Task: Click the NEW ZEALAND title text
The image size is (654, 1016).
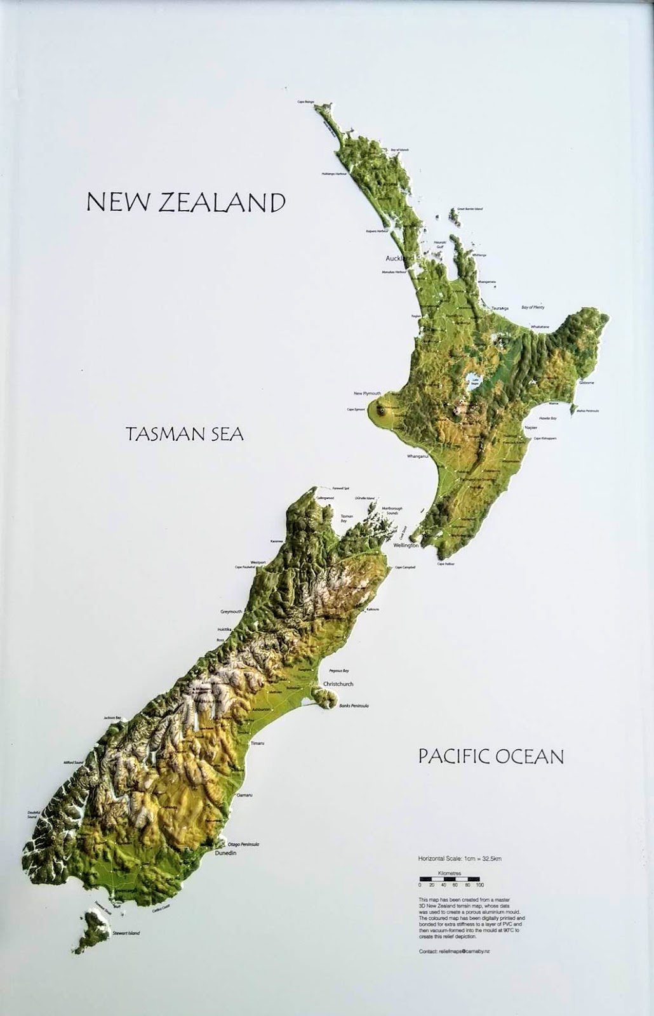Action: [x=185, y=203]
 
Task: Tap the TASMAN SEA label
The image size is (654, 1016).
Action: [x=185, y=434]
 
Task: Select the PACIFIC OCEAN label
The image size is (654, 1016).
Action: [x=491, y=756]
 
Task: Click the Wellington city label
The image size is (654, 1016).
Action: [x=406, y=545]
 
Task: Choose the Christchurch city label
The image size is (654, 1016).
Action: [x=338, y=684]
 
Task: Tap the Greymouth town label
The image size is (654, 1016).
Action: [x=231, y=612]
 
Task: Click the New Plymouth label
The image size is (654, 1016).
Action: [x=367, y=394]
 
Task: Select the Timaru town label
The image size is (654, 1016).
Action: [x=257, y=742]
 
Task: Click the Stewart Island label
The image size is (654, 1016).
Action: [x=126, y=933]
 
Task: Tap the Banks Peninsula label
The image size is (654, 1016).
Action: [x=354, y=705]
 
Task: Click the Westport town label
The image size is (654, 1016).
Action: [x=258, y=562]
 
